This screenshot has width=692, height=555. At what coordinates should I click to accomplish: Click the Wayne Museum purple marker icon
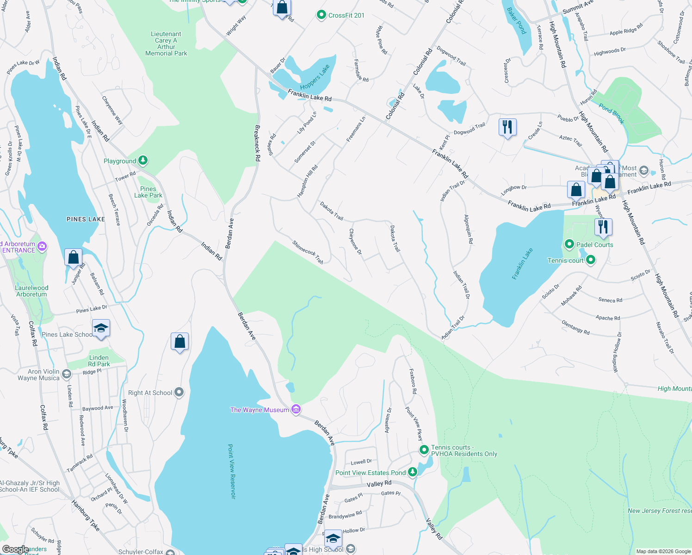tap(297, 410)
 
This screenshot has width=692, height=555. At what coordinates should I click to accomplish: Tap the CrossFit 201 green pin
tap(321, 15)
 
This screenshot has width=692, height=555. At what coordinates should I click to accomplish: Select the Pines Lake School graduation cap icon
tap(101, 328)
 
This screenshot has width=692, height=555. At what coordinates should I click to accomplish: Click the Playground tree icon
tap(143, 160)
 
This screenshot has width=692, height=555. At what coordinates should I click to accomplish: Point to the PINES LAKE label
tap(86, 219)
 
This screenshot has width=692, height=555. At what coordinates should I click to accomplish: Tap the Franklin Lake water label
tap(523, 264)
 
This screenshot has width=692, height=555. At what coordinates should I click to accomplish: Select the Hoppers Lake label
tap(315, 77)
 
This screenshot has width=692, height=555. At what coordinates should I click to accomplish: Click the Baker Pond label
tap(517, 21)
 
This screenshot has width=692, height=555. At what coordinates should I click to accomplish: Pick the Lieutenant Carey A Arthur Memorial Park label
tap(166, 44)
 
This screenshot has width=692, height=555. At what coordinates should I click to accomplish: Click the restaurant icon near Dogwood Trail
tap(507, 127)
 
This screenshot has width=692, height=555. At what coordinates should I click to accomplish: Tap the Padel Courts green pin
tap(569, 244)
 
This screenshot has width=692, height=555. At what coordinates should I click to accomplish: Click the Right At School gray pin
tap(179, 393)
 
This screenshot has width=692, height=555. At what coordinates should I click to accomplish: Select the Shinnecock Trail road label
tap(308, 252)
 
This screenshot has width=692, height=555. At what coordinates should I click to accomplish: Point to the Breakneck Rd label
tap(257, 143)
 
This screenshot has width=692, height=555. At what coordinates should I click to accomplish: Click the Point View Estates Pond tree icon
tap(412, 472)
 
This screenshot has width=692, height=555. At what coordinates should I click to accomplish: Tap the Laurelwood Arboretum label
tap(31, 291)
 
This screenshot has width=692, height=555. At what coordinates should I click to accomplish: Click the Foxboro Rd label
tap(413, 381)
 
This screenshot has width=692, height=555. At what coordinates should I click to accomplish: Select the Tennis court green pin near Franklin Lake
tap(590, 260)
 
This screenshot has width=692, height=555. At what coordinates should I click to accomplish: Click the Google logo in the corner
tap(15, 549)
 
